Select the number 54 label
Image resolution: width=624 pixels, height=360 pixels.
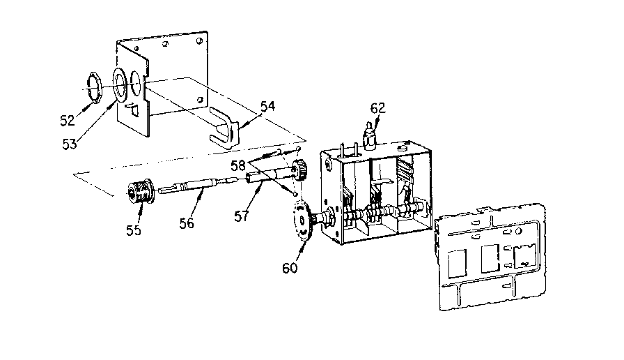(x=267, y=106)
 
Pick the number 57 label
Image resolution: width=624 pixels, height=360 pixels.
(x=241, y=216)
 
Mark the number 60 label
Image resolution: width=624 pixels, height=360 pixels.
(x=290, y=267)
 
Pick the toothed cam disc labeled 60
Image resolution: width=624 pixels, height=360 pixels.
(x=301, y=223)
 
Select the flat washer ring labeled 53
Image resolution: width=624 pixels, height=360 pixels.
(x=120, y=86)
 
